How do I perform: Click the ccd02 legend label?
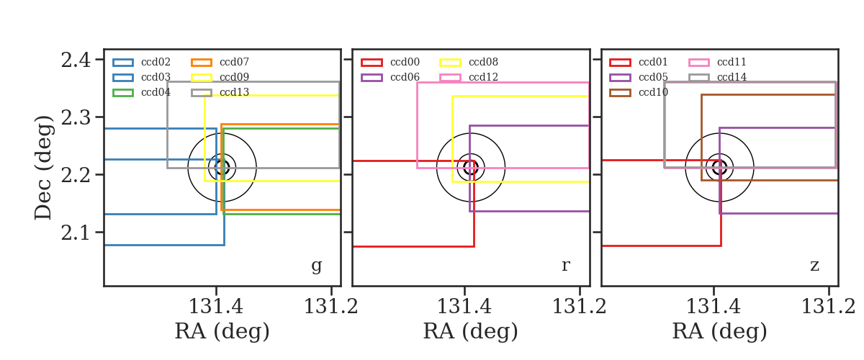pyautogui.click(x=156, y=62)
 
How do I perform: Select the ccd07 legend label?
pyautogui.click(x=234, y=62)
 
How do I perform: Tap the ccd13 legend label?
pyautogui.click(x=234, y=92)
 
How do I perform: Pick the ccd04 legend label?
pyautogui.click(x=156, y=92)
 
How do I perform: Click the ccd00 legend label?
pyautogui.click(x=405, y=62)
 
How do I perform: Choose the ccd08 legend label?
pyautogui.click(x=483, y=62)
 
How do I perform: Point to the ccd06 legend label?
pyautogui.click(x=405, y=77)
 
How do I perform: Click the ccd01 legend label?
pyautogui.click(x=653, y=62)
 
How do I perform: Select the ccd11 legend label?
pyautogui.click(x=732, y=62)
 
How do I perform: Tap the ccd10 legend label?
pyautogui.click(x=654, y=92)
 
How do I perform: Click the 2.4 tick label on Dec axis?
pyautogui.click(x=76, y=60)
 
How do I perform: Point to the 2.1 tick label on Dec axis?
pyautogui.click(x=76, y=233)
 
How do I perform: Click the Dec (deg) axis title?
pyautogui.click(x=42, y=168)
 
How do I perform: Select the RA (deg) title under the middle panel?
pyautogui.click(x=471, y=331)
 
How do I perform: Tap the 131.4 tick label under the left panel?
pyautogui.click(x=215, y=307)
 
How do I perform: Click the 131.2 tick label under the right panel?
pyautogui.click(x=828, y=307)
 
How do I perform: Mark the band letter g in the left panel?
pyautogui.click(x=316, y=266)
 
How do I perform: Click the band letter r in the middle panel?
pyautogui.click(x=565, y=265)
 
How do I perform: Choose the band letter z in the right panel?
pyautogui.click(x=814, y=266)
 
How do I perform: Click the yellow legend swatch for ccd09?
pyautogui.click(x=202, y=78)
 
